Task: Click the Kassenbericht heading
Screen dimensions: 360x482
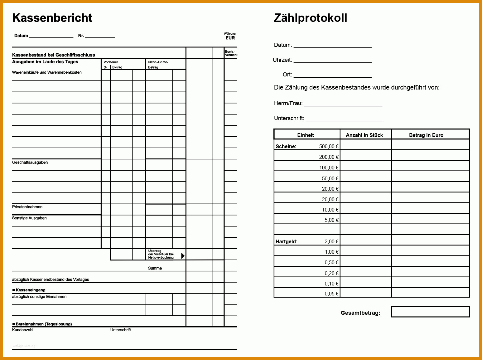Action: [x=52, y=18]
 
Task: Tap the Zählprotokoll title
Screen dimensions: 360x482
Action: [x=310, y=18]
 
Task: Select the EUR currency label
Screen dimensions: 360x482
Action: [x=230, y=38]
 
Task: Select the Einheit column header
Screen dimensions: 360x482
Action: [x=306, y=135]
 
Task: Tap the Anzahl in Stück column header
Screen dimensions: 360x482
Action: [x=364, y=135]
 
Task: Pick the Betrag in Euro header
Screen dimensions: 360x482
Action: [x=426, y=135]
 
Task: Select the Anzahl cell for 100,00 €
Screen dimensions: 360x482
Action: [x=366, y=166]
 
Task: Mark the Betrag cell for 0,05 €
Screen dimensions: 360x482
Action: [x=430, y=292]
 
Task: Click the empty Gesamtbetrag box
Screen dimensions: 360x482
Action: [x=430, y=312]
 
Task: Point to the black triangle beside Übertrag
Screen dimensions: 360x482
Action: [x=183, y=255]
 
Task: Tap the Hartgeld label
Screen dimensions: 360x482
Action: [x=287, y=241]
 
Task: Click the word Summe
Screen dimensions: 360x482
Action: [x=155, y=268]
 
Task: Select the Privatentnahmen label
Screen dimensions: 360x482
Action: [x=27, y=207]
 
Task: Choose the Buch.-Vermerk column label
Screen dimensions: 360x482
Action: [x=231, y=53]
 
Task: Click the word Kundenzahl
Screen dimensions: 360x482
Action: [x=23, y=330]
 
